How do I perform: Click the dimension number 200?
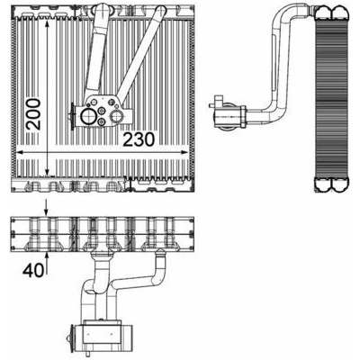coord(33,114)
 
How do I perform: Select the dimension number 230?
coord(139,139)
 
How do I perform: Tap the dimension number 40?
coord(32,271)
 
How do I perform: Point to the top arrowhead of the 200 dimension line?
coord(47,24)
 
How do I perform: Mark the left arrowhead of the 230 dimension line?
coord(20,153)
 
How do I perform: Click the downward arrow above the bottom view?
coord(46,207)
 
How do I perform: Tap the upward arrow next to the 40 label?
coord(47,263)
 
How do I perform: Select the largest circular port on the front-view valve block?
coord(88,117)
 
